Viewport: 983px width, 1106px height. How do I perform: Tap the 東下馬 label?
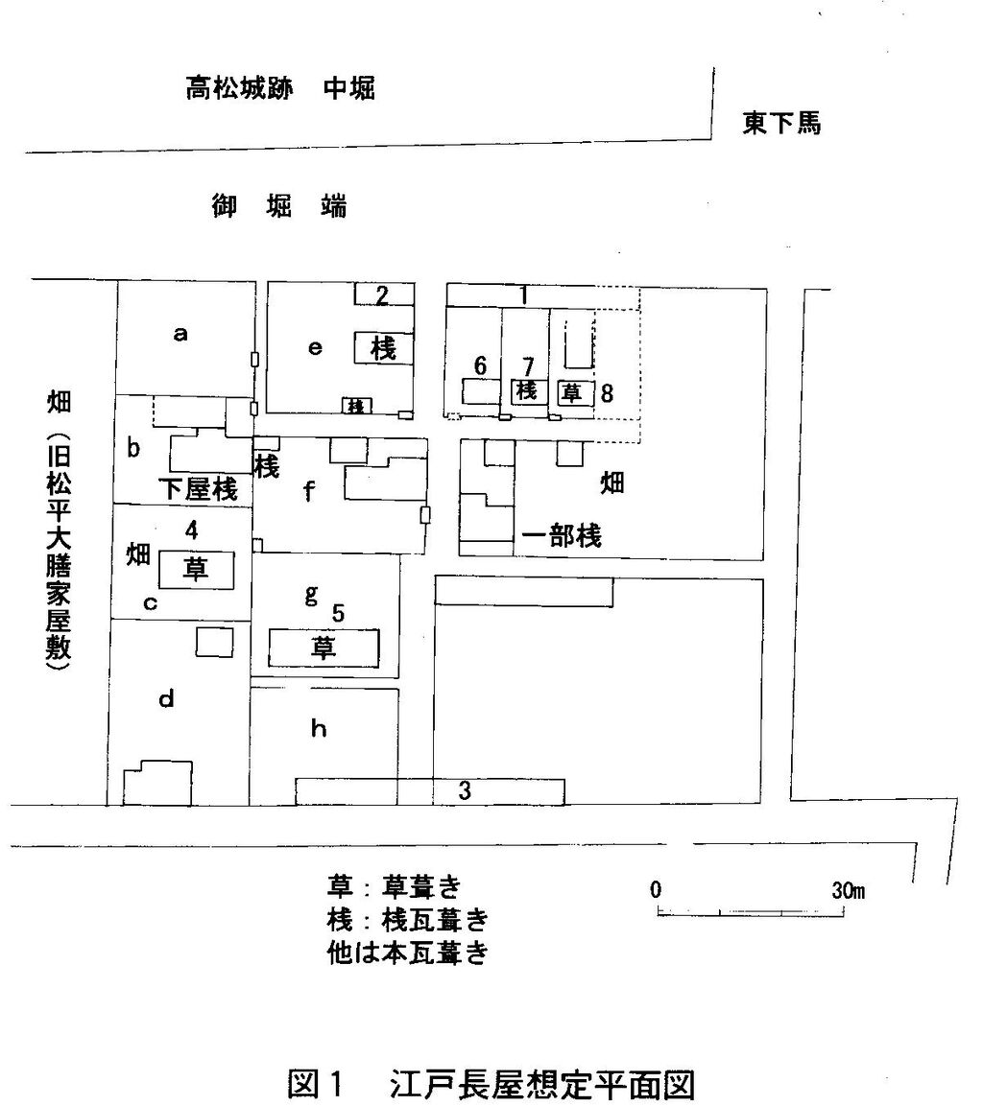[781, 124]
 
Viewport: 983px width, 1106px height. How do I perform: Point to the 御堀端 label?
[278, 206]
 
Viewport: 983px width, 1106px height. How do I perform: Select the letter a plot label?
[180, 335]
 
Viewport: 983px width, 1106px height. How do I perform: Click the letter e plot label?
[314, 349]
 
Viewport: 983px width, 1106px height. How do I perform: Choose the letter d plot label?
[166, 700]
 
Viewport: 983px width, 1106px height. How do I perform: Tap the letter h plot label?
[319, 730]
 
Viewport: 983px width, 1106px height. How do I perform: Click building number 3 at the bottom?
[465, 791]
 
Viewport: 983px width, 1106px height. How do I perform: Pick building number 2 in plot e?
[382, 295]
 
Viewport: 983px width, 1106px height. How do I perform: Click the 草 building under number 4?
[197, 570]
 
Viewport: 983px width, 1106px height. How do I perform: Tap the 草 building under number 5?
[324, 648]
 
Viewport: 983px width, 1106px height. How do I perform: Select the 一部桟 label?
[562, 537]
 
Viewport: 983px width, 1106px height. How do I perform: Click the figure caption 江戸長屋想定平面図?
[541, 1086]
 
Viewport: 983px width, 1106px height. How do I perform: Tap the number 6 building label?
[481, 365]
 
